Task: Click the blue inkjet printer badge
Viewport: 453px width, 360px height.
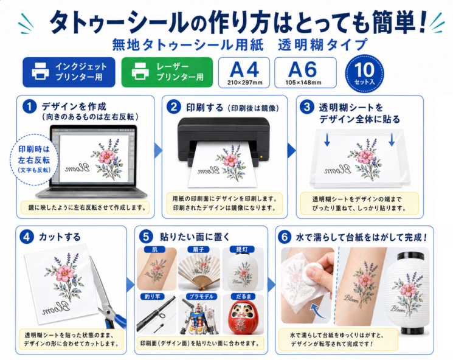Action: [69, 72]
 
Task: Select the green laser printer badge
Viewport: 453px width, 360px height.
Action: [167, 72]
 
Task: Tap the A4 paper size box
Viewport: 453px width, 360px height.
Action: [244, 72]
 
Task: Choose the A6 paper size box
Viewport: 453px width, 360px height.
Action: [305, 72]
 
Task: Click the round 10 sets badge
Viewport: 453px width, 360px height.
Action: [365, 74]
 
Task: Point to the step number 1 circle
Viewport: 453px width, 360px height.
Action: [29, 106]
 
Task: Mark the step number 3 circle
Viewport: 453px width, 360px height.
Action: [307, 107]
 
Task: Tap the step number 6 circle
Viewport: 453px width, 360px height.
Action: [285, 237]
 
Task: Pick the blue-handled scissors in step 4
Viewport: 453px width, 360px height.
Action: [107, 295]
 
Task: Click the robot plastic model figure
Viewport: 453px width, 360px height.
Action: [198, 316]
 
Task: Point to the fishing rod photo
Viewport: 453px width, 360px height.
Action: [156, 314]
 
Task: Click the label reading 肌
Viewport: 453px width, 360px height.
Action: [155, 249]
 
